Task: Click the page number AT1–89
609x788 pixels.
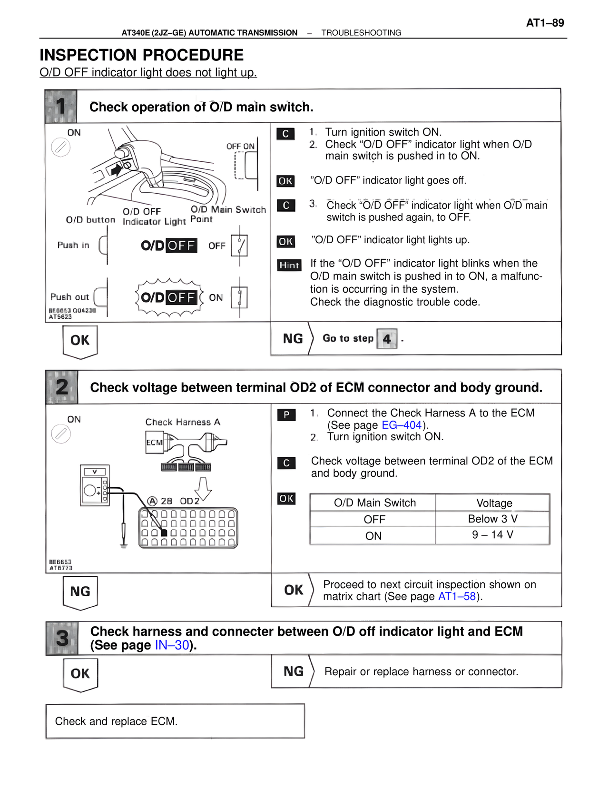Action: tap(545, 23)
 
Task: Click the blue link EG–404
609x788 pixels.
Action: tap(402, 425)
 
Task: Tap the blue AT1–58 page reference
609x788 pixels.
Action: tap(457, 596)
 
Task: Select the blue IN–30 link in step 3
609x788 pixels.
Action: tap(172, 645)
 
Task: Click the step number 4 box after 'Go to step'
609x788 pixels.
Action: tap(387, 339)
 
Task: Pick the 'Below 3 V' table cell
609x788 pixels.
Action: tap(492, 519)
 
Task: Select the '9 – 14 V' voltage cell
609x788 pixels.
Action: tap(492, 535)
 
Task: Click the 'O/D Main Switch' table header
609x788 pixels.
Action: tap(374, 503)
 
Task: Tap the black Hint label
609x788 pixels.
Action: tap(289, 265)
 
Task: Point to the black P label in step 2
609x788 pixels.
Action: tap(286, 415)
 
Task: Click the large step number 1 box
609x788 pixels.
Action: tap(61, 106)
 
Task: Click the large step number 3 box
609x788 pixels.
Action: tap(62, 638)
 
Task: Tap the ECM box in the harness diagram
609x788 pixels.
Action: tap(154, 443)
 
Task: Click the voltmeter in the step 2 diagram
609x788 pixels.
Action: tap(95, 485)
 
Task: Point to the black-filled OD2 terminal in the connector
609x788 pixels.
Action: tap(164, 532)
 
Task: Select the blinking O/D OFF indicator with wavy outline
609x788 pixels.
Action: tap(169, 298)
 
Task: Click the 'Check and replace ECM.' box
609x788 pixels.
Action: tap(175, 721)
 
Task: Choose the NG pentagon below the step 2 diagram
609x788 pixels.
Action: tap(80, 592)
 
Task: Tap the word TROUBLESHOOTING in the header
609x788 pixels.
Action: tap(361, 33)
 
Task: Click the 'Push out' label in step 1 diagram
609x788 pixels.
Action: tap(69, 297)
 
